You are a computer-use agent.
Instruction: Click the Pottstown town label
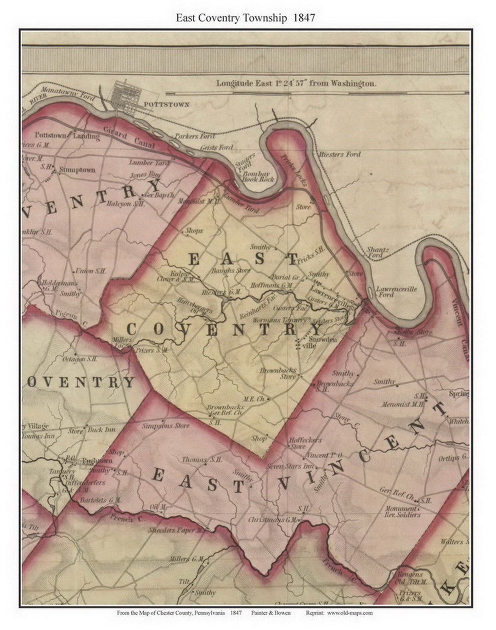tap(166, 105)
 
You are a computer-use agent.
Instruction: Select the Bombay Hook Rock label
tap(259, 177)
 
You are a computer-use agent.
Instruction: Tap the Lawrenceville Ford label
tap(396, 292)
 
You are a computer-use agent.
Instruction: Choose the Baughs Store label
tap(231, 271)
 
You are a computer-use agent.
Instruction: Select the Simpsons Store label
tap(165, 426)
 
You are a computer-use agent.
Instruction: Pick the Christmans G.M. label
tap(273, 520)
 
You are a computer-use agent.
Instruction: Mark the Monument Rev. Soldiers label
tap(402, 512)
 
